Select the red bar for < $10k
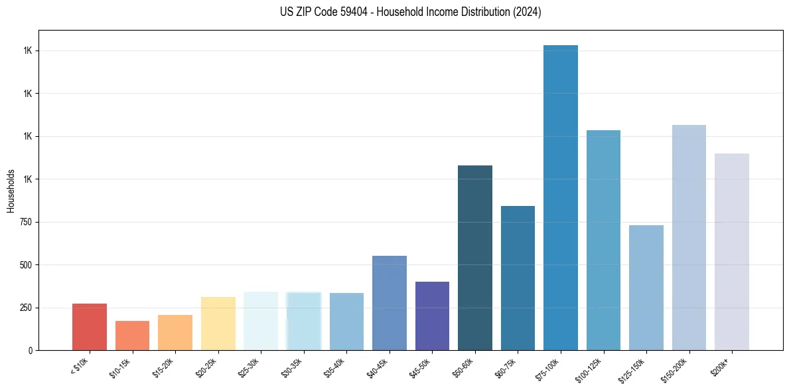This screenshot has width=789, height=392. coord(90,327)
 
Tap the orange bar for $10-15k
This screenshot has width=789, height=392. coord(132,336)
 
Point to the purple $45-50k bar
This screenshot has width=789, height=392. coord(432,316)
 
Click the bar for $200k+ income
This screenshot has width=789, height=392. coord(731,252)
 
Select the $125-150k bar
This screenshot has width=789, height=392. coord(646,288)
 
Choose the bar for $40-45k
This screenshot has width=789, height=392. coord(390,303)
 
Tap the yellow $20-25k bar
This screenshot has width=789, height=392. coord(218,324)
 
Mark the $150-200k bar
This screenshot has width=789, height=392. coord(689,237)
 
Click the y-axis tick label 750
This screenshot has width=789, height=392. coord(25,222)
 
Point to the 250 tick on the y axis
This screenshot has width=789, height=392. coord(25,308)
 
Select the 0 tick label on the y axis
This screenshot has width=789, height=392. coord(31,350)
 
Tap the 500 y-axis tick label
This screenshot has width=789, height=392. coord(25,265)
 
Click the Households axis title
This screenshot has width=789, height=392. coord(11,191)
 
